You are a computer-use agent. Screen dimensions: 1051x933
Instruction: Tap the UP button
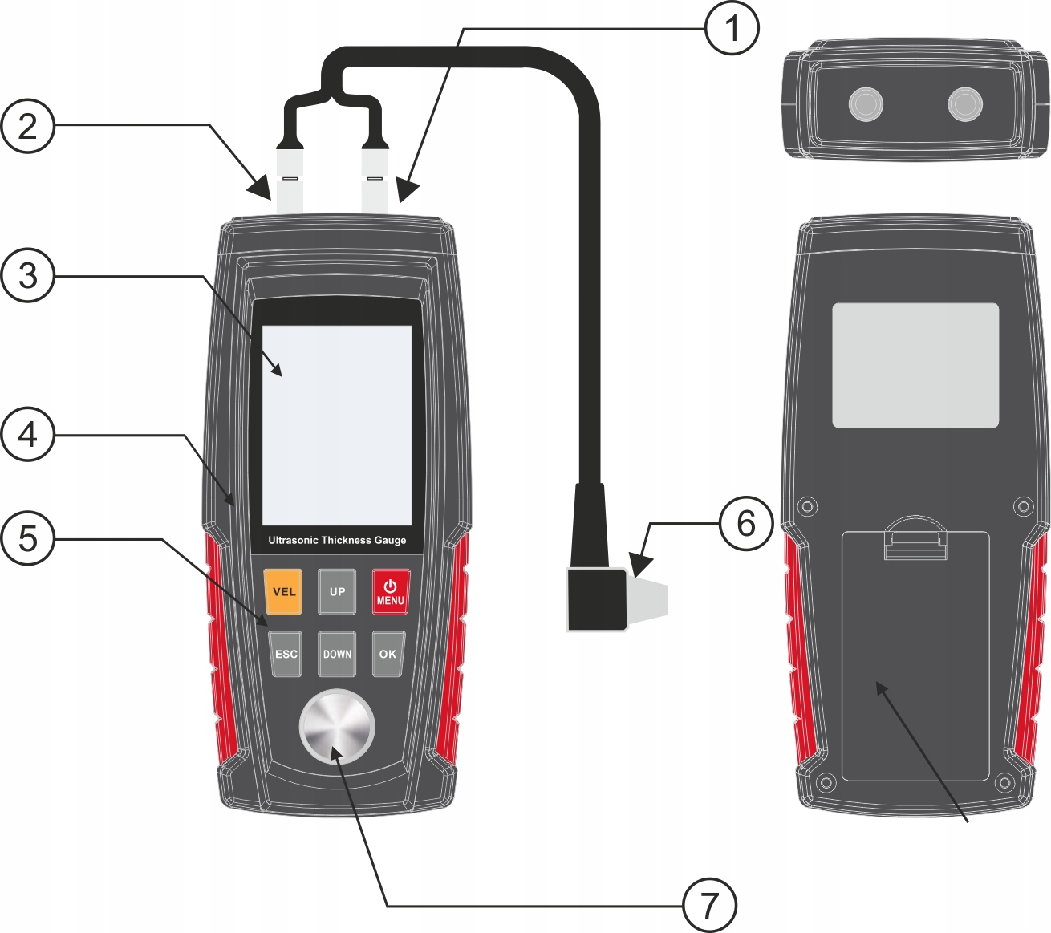pyautogui.click(x=337, y=591)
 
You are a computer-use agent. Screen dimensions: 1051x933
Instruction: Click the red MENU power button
pyautogui.click(x=391, y=592)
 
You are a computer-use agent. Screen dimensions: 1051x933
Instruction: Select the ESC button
pyautogui.click(x=286, y=654)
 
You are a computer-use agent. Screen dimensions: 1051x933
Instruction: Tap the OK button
pyautogui.click(x=388, y=654)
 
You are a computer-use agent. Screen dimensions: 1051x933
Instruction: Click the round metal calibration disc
pyautogui.click(x=337, y=727)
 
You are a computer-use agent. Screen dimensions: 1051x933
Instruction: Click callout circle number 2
pyautogui.click(x=27, y=126)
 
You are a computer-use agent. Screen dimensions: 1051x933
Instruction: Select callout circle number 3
pyautogui.click(x=27, y=275)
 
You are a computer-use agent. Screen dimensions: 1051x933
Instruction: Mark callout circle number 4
pyautogui.click(x=27, y=434)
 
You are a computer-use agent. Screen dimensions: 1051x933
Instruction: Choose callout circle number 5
pyautogui.click(x=27, y=538)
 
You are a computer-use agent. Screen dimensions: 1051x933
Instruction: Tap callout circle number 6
pyautogui.click(x=746, y=523)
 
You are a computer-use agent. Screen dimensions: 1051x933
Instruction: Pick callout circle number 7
pyautogui.click(x=709, y=905)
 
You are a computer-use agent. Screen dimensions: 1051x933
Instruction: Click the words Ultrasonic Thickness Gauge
pyautogui.click(x=337, y=540)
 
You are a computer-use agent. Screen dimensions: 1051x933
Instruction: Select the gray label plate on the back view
pyautogui.click(x=915, y=365)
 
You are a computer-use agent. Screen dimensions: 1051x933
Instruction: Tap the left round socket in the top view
pyautogui.click(x=866, y=103)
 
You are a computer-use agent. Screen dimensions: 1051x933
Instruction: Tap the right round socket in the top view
pyautogui.click(x=965, y=103)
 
